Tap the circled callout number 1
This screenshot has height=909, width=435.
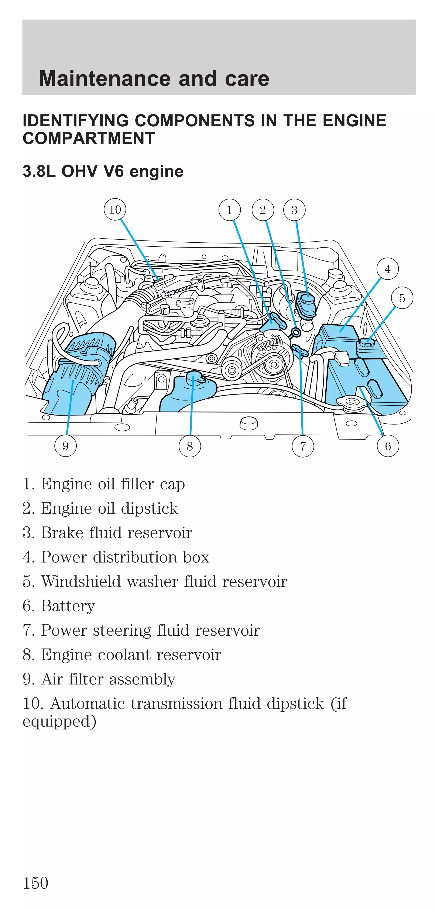point(229,210)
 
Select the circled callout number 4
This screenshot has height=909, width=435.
point(387,269)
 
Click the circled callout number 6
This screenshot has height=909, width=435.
point(388,446)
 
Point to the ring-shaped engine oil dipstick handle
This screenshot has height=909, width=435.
point(296,332)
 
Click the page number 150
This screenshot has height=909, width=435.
point(35,883)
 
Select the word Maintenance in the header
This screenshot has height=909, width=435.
point(106,78)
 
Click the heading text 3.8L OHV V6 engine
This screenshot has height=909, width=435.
point(103,171)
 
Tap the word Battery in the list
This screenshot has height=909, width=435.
point(68,606)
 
